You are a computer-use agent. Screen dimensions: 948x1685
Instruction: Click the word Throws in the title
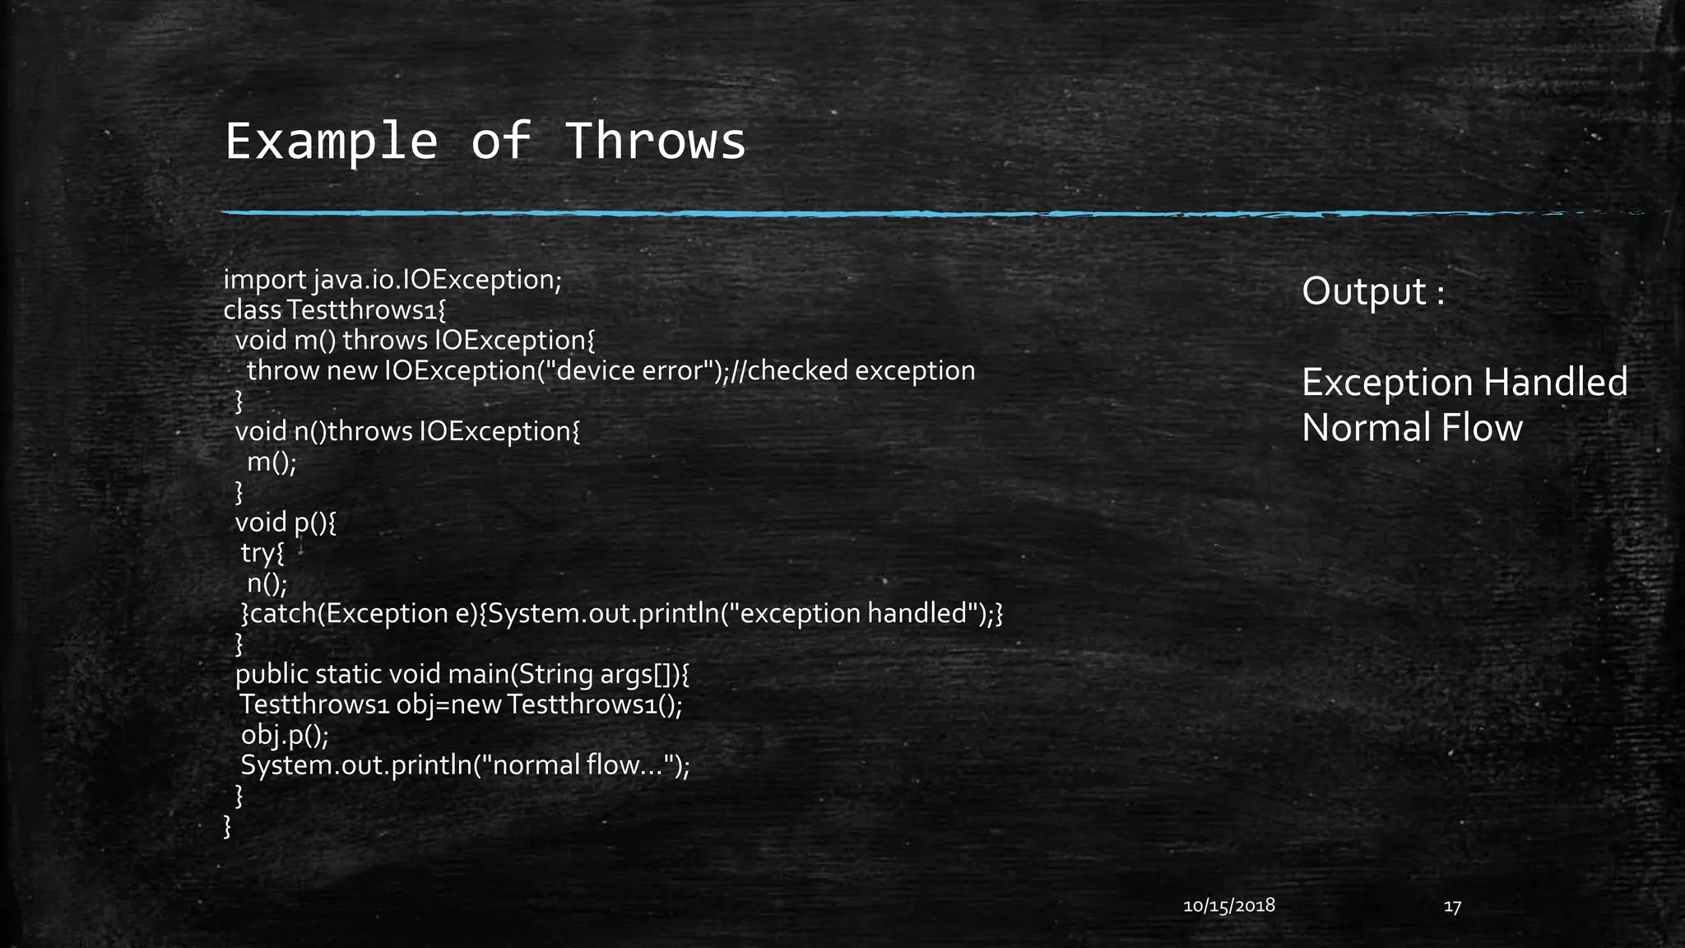pos(656,141)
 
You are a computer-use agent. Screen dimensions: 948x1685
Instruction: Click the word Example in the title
pos(331,141)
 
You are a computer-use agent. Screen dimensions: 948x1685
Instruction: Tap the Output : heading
pos(1372,291)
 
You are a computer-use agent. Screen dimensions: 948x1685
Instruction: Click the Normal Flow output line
pos(1412,428)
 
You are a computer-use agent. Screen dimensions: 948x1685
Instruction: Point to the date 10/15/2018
pos(1228,906)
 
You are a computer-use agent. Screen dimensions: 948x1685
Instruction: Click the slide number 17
pos(1452,907)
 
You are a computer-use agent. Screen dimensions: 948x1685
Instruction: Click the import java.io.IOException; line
pos(392,280)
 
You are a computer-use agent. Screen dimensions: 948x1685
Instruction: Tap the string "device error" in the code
pos(634,371)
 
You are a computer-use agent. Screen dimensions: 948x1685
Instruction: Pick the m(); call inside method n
pos(272,462)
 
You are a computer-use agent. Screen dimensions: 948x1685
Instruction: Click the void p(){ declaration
pos(285,523)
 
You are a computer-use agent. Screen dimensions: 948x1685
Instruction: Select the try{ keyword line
pos(262,553)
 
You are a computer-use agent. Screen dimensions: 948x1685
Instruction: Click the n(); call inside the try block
pos(267,583)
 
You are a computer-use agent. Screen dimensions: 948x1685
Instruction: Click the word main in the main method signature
pos(479,675)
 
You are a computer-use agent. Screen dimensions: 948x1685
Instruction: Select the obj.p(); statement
pos(284,735)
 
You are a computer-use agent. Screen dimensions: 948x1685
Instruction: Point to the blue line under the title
pos(823,214)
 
